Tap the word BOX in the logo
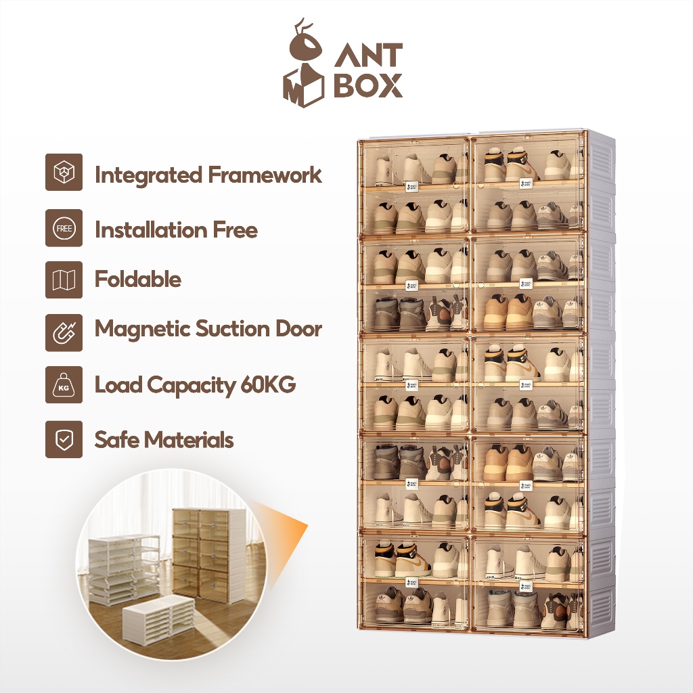tap(368, 87)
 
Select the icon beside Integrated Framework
tap(64, 173)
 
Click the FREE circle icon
tap(64, 229)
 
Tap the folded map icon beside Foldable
tap(64, 280)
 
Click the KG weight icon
tap(64, 385)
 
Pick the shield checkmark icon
tap(64, 439)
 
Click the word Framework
tap(265, 175)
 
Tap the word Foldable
tap(138, 280)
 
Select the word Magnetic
tap(142, 329)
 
